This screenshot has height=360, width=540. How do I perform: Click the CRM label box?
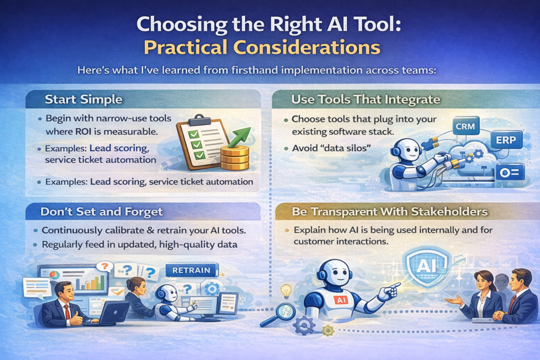tap(465, 127)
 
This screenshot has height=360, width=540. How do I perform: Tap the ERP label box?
tap(506, 140)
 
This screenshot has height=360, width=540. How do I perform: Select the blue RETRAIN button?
tap(191, 270)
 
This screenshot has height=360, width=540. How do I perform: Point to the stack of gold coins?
tap(235, 158)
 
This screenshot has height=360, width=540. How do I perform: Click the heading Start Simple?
tap(84, 99)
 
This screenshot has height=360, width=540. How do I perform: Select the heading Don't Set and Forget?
tap(102, 211)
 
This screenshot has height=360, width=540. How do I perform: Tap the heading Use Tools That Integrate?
tap(366, 100)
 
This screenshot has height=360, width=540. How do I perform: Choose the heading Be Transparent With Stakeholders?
tap(390, 211)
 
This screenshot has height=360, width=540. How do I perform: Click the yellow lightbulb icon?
tap(286, 291)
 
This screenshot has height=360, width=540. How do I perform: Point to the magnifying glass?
tap(278, 314)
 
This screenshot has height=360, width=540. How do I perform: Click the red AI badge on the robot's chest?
tap(342, 300)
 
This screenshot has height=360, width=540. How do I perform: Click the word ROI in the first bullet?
tap(84, 131)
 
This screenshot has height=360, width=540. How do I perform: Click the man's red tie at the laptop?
tap(67, 312)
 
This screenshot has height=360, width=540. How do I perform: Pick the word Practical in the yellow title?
tap(190, 47)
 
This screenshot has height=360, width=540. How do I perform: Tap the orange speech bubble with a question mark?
tap(105, 266)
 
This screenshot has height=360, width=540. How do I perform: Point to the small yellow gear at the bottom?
tap(327, 330)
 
